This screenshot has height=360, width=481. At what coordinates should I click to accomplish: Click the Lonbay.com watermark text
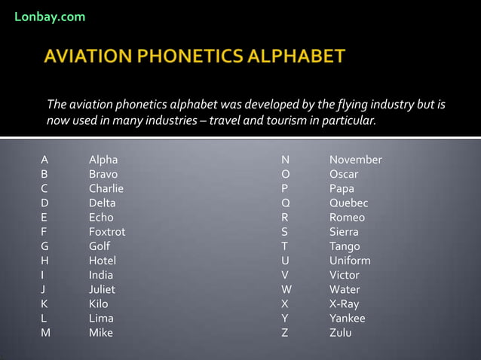[50, 17]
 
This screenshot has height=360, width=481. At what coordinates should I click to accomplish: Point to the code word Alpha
[103, 160]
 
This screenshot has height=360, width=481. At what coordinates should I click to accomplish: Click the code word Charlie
[106, 188]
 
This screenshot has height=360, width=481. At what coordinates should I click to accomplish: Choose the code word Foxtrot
[107, 232]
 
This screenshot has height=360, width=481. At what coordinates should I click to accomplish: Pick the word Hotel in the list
[103, 261]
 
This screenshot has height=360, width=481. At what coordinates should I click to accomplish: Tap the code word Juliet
[103, 289]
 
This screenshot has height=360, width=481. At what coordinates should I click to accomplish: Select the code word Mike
[101, 332]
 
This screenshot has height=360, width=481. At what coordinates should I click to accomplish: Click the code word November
[355, 160]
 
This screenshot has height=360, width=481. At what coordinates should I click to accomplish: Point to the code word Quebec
[348, 203]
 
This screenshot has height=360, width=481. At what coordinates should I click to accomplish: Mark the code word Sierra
[344, 232]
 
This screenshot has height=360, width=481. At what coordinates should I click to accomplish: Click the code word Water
[345, 289]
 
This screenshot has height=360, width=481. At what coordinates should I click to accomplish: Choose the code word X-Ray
[344, 304]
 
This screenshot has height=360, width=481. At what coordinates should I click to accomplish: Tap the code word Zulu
[340, 332]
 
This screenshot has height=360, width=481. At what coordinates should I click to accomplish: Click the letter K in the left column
[45, 304]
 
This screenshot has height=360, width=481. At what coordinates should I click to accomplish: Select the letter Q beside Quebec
[286, 203]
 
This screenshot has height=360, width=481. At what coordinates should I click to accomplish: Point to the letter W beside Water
[286, 289]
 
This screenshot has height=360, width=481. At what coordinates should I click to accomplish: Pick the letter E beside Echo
[44, 218]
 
